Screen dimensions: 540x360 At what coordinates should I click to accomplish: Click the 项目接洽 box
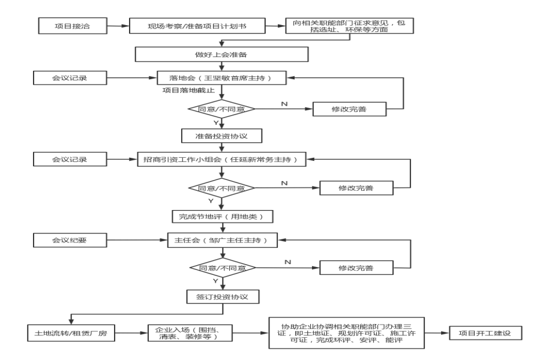[73, 26]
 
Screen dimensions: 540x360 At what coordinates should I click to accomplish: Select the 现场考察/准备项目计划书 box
[197, 26]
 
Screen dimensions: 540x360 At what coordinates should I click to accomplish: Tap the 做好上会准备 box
[221, 55]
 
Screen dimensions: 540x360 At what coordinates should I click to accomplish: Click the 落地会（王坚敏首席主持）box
[221, 78]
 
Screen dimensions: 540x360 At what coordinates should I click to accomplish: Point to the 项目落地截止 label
[188, 90]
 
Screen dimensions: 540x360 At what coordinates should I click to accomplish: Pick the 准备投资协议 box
[221, 136]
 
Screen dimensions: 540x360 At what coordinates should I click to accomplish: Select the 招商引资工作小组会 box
[221, 160]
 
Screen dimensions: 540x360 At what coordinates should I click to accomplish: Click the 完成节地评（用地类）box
[223, 217]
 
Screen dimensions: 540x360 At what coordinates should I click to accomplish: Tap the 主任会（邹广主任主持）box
[223, 240]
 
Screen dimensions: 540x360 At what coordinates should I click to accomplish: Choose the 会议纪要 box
[70, 240]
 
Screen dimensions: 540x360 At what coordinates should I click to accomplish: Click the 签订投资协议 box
[223, 296]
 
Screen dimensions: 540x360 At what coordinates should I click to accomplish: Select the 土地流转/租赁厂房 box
[71, 333]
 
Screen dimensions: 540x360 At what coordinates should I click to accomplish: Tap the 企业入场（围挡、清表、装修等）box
[190, 333]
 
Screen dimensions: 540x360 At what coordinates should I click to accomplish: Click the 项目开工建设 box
[485, 333]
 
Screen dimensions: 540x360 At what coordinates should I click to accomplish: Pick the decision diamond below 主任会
[223, 268]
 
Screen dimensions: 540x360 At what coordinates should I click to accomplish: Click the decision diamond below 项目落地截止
[221, 109]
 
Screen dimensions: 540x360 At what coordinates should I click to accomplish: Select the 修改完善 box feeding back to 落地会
[350, 109]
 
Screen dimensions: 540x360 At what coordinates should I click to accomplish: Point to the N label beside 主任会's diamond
[288, 262]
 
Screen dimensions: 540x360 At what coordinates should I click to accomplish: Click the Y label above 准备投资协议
[216, 122]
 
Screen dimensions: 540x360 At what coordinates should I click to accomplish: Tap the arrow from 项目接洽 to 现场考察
[118, 26]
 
